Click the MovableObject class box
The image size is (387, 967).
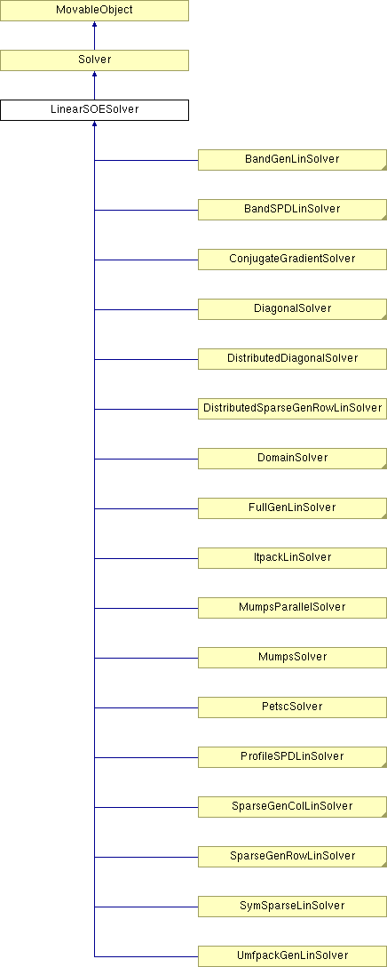click(x=94, y=11)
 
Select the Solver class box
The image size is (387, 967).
click(x=94, y=60)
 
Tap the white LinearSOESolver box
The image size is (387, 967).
click(x=94, y=110)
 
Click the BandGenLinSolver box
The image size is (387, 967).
click(x=292, y=159)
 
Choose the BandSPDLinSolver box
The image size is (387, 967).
click(x=292, y=209)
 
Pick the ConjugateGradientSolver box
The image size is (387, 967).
click(x=292, y=259)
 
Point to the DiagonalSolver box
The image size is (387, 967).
click(x=292, y=308)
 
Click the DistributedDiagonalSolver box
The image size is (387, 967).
click(x=292, y=358)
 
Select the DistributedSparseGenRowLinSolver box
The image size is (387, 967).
click(x=292, y=408)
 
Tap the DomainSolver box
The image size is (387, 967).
click(x=292, y=459)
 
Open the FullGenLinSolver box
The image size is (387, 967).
click(x=292, y=507)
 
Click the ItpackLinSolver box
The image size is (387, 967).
click(x=292, y=557)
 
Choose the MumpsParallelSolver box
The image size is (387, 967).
click(x=292, y=607)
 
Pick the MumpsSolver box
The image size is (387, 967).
click(x=292, y=658)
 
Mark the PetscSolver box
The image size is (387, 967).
click(x=292, y=707)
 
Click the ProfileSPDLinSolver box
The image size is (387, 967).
click(x=292, y=756)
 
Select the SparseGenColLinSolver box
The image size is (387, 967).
click(x=292, y=807)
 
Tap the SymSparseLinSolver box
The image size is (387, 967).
click(x=292, y=906)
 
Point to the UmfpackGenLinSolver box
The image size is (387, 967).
click(x=292, y=956)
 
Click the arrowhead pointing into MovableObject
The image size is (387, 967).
click(x=94, y=25)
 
